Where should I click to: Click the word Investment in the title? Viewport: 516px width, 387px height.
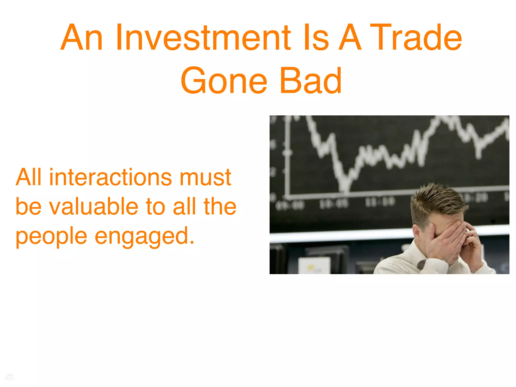[203, 38]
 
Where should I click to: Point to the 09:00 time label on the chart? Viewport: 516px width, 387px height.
[290, 205]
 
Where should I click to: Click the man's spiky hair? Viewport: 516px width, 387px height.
[438, 199]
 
